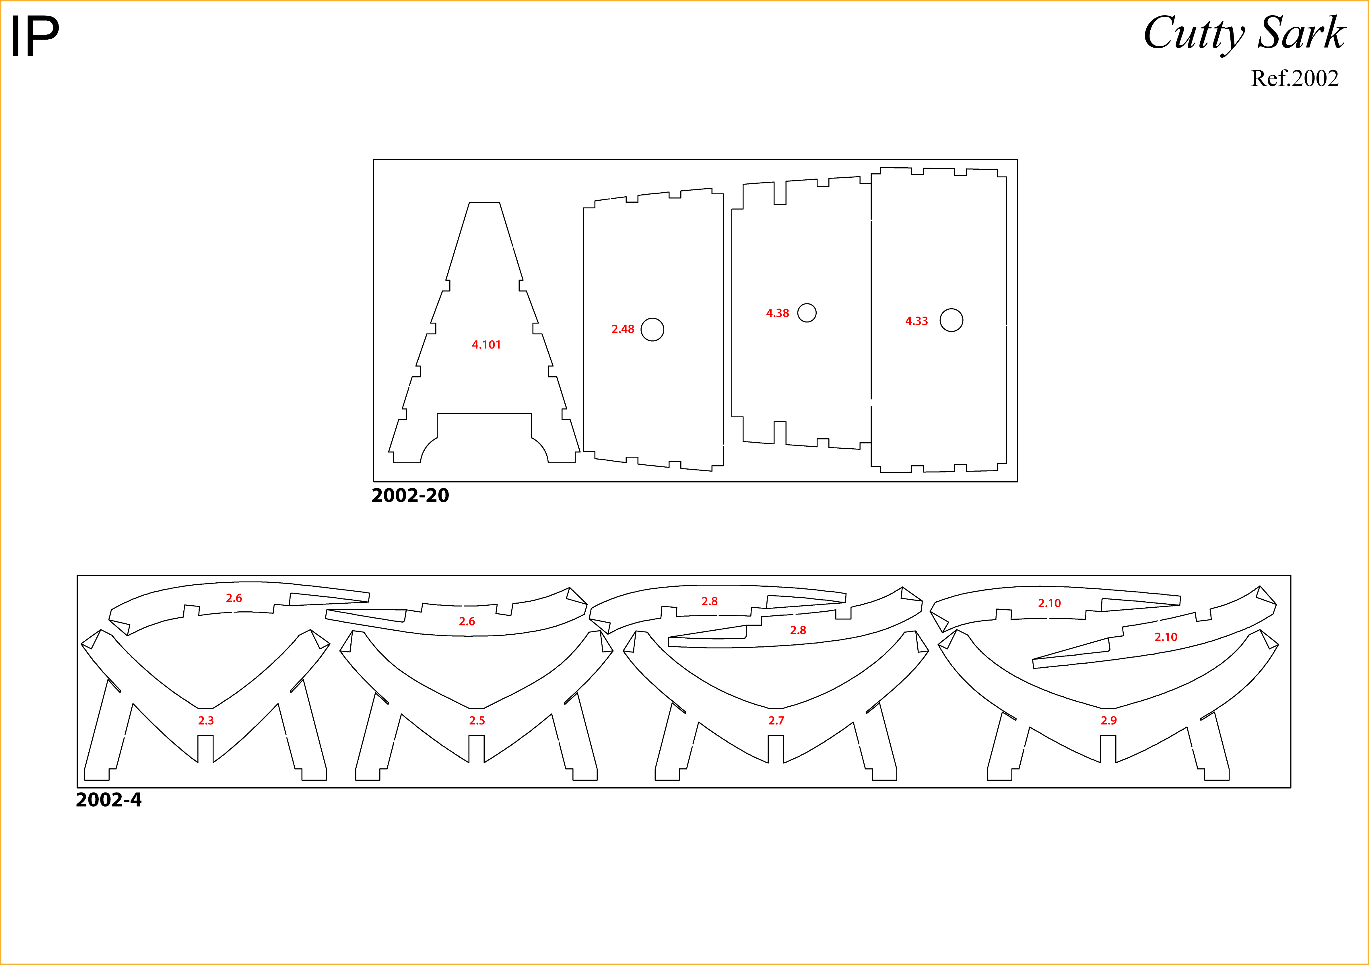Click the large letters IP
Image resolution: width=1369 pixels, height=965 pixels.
35,37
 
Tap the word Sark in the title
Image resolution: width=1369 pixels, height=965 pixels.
1302,33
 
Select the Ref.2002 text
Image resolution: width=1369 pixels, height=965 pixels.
1294,78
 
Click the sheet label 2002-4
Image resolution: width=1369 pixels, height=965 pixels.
108,800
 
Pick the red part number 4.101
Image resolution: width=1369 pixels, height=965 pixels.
487,345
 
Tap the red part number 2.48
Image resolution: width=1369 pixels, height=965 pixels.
623,329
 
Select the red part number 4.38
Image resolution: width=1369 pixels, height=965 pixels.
778,313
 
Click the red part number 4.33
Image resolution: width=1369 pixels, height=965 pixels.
916,321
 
